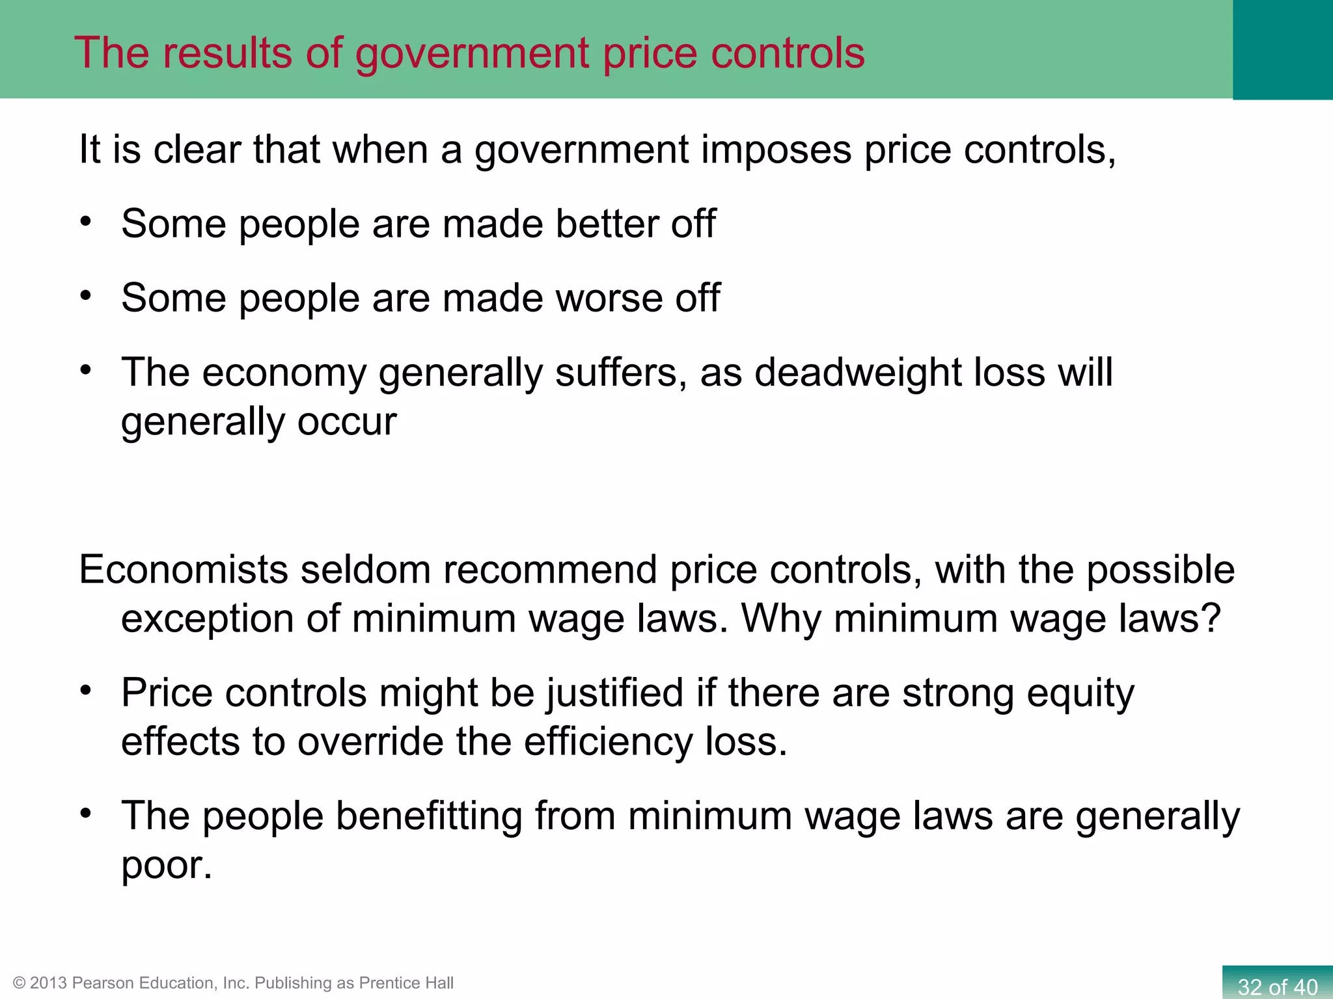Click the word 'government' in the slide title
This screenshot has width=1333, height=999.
coord(472,53)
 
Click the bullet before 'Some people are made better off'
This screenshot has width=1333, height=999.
coord(86,221)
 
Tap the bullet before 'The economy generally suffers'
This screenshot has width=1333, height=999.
coord(86,369)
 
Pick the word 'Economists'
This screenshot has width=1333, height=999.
coord(184,570)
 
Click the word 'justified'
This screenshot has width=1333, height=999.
coord(614,693)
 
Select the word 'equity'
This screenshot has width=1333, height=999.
coord(1080,693)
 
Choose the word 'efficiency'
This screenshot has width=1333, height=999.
coord(609,741)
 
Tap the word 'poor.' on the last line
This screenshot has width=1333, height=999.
coord(167,865)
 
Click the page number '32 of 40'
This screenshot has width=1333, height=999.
coord(1277,987)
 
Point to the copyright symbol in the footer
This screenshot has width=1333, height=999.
coord(20,983)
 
